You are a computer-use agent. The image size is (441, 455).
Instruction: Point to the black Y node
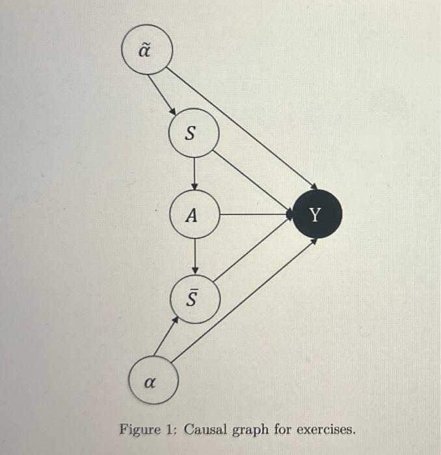[317, 214]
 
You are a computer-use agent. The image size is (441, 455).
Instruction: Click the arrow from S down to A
[194, 174]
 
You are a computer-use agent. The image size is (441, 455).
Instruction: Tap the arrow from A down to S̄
[194, 256]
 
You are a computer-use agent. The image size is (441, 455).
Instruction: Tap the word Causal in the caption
[206, 430]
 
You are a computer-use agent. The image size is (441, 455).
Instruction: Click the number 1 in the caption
[172, 430]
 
